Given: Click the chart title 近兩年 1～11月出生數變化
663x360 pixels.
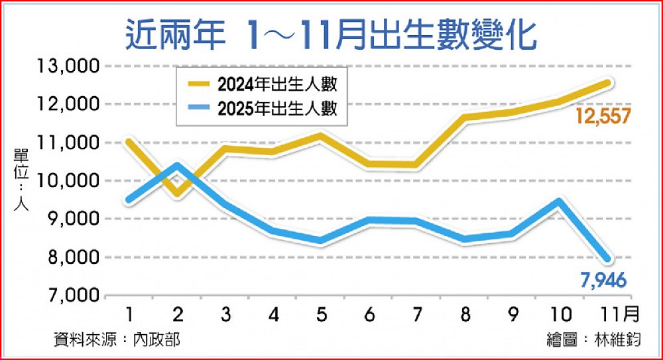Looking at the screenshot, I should tap(330, 35).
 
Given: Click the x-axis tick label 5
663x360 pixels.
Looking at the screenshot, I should tap(322, 312).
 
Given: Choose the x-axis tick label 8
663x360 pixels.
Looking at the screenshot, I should tap(464, 312).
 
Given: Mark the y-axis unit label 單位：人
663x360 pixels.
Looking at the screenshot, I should tap(19, 180).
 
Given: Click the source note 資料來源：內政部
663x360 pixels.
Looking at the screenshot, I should tap(117, 340).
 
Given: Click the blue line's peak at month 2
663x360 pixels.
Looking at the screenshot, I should tap(177, 165).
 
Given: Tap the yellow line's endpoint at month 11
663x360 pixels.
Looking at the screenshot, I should tap(606, 83).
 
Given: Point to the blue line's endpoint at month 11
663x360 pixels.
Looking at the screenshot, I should tap(606, 259).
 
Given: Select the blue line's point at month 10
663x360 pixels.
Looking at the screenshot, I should tap(560, 202).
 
